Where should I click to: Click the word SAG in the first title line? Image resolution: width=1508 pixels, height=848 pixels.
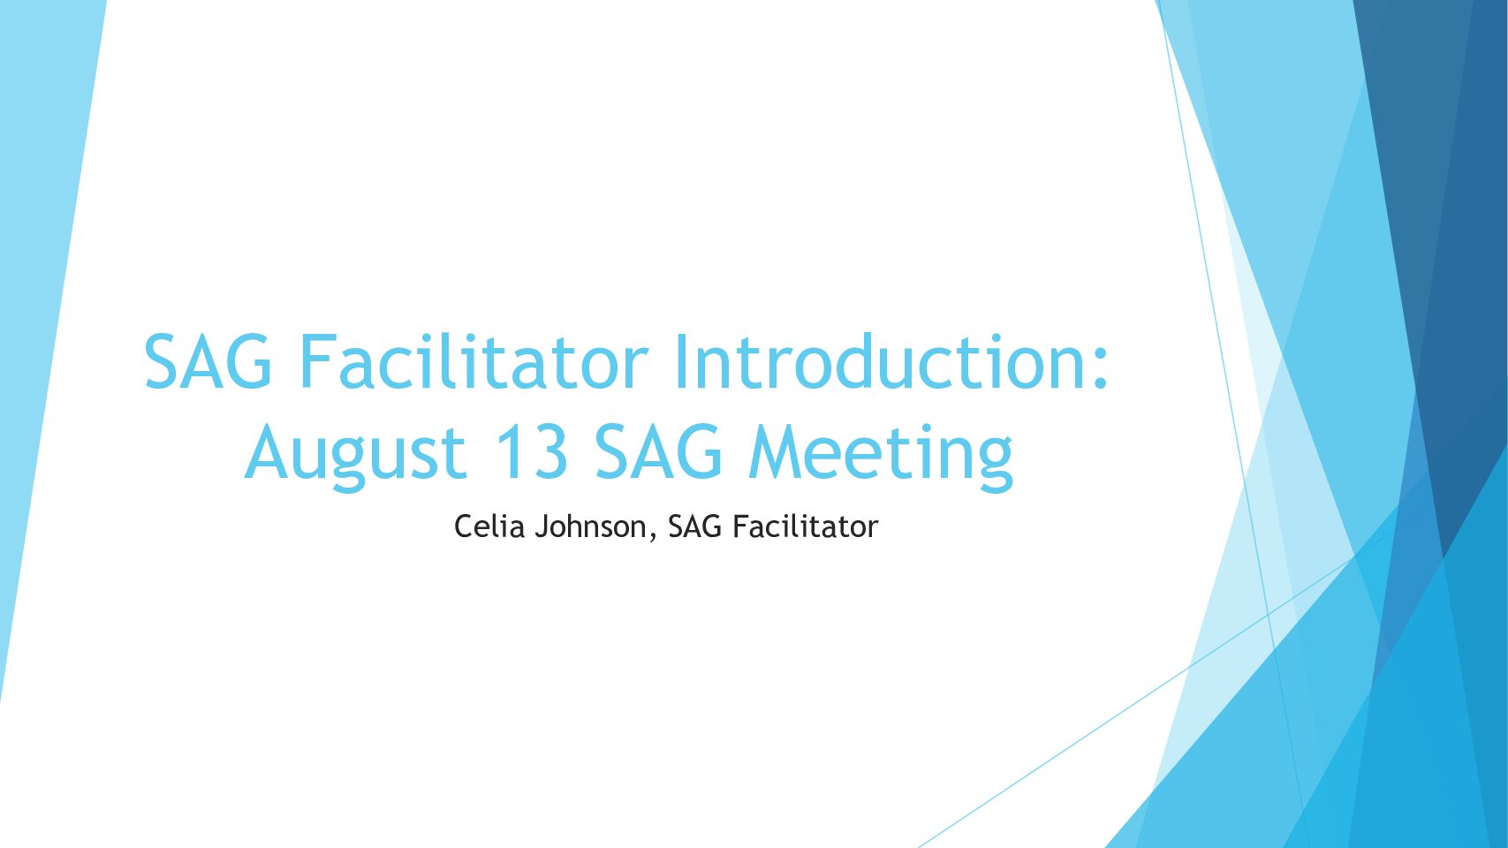208,361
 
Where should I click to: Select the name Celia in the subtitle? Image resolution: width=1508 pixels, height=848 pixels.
489,526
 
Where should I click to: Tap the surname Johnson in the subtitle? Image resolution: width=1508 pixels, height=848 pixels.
590,527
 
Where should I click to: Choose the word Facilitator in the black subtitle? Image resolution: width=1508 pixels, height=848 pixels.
805,526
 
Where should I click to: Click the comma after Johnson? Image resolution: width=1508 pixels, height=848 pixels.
651,536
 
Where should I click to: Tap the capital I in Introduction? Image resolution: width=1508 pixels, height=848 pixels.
681,361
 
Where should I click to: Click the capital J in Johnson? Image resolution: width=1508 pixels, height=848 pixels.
542,527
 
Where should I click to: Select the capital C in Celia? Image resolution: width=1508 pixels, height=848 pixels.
464,526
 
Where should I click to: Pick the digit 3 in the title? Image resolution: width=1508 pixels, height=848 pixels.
549,451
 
